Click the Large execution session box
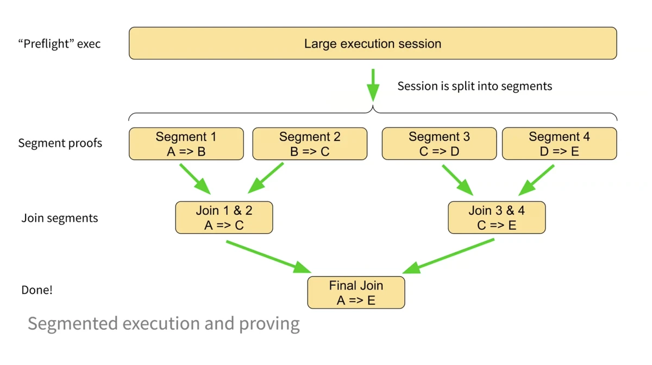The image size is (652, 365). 373,43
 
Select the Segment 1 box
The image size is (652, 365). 186,144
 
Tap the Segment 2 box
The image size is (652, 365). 310,144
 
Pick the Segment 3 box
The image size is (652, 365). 439,144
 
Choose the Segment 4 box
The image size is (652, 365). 559,144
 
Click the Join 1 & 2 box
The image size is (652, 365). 224,217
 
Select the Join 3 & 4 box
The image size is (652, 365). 497,217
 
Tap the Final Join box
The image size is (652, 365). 356,292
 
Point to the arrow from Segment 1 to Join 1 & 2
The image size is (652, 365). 195,180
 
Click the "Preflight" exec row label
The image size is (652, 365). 59,44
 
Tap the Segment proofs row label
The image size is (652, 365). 60,143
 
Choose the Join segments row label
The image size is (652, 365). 59,218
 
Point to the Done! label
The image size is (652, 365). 37,290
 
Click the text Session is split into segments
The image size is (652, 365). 474,86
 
